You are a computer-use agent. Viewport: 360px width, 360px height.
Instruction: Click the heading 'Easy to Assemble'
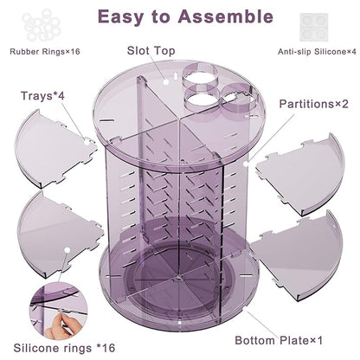click(x=179, y=16)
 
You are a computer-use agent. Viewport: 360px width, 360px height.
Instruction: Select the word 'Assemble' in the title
click(x=221, y=16)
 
